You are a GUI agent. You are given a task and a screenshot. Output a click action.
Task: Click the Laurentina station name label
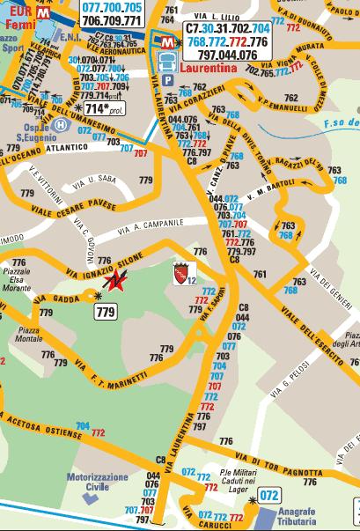point(210,65)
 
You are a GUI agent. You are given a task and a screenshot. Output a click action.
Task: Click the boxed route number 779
point(106,312)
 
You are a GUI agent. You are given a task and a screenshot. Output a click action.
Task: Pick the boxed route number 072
point(269,496)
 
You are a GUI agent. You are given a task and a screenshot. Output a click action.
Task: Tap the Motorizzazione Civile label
point(98,481)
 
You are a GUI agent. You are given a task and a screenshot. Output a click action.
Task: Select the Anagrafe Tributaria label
point(298,513)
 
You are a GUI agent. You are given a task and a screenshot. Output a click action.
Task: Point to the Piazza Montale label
point(31,334)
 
